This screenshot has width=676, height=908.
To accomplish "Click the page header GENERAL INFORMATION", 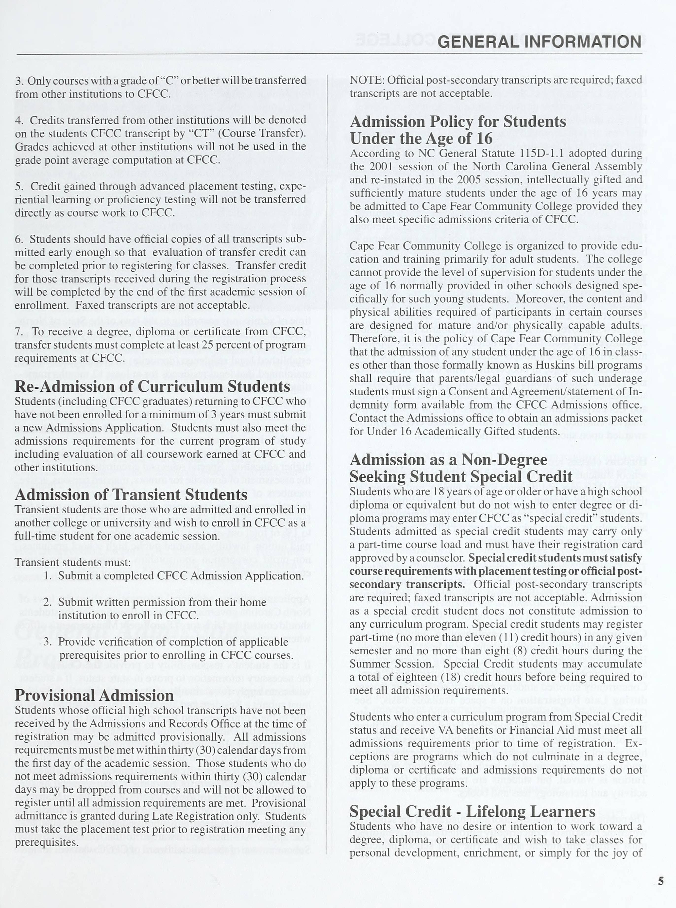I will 539,42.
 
